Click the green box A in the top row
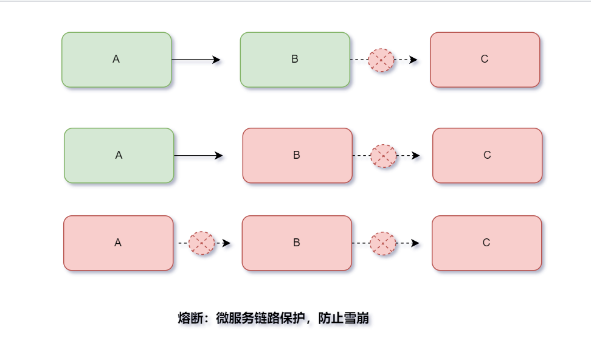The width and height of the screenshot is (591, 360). (x=116, y=60)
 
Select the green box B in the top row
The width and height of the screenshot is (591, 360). (x=295, y=60)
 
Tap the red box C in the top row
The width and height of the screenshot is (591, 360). (x=485, y=60)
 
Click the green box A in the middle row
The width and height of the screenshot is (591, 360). (x=119, y=155)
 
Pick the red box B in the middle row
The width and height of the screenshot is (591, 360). (x=297, y=155)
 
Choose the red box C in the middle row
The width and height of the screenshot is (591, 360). (x=487, y=155)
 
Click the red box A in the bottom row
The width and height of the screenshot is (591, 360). (x=118, y=243)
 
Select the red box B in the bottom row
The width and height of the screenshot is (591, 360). (x=297, y=243)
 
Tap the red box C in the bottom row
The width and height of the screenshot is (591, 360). (x=486, y=243)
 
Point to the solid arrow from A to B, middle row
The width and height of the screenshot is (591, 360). (x=198, y=156)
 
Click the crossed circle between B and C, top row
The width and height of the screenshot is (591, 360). (x=381, y=60)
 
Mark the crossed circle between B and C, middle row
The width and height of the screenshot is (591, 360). (x=384, y=156)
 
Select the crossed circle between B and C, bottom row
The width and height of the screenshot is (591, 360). (x=383, y=243)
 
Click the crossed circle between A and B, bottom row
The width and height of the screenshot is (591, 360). (x=202, y=243)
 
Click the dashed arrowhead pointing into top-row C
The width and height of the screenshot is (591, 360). (x=413, y=60)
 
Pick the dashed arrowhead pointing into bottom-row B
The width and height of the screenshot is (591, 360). (x=227, y=243)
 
